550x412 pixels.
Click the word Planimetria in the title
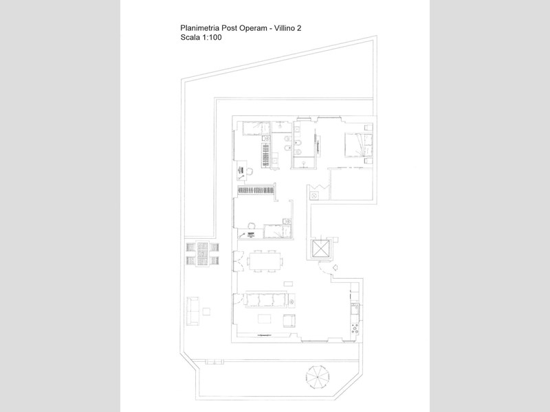199,28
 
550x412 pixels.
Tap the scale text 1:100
212,38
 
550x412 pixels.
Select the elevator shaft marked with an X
320,249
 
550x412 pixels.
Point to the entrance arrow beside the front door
335,268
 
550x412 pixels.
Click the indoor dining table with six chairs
265,261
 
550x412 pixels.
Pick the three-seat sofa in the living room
266,300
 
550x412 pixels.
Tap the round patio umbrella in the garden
318,377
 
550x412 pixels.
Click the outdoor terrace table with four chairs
202,253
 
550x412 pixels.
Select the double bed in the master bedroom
358,144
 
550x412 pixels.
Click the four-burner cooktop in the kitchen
355,329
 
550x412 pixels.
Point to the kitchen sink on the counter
354,310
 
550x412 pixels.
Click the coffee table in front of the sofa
265,319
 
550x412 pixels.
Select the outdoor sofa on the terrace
192,311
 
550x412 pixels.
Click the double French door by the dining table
238,261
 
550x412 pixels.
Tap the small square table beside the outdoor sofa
206,312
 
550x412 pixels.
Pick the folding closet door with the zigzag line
319,187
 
